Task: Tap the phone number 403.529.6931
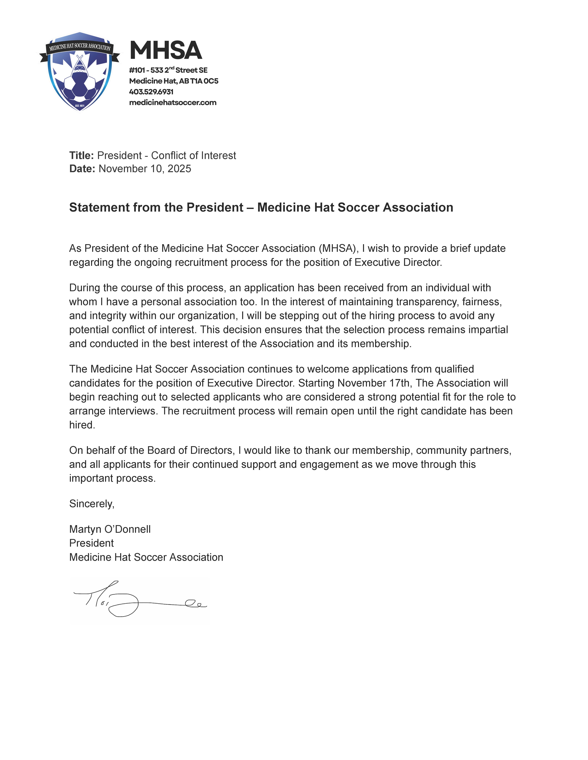point(151,92)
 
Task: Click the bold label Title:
point(81,156)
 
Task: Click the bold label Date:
point(82,169)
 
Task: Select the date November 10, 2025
point(145,169)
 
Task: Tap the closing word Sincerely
point(91,504)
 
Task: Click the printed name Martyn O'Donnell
point(110,529)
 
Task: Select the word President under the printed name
point(91,543)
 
